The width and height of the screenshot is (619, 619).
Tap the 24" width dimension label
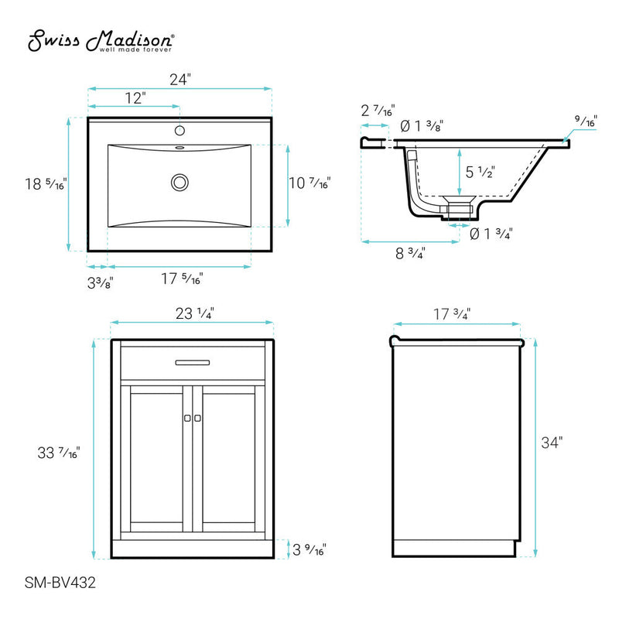coord(180,78)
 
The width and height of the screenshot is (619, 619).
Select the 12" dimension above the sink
coord(134,97)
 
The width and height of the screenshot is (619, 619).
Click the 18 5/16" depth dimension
coord(44,184)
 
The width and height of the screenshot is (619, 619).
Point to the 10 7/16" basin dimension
coord(309,184)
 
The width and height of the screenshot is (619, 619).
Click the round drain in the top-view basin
coord(180,183)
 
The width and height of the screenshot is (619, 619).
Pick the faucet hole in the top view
coord(180,131)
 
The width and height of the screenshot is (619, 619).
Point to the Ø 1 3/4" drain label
coord(491,233)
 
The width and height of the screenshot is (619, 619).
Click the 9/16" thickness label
coord(586,121)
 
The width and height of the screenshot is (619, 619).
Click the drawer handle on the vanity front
coord(192,361)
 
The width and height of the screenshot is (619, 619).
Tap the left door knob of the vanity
coord(186,418)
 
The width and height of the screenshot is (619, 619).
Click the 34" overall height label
coord(551,443)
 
